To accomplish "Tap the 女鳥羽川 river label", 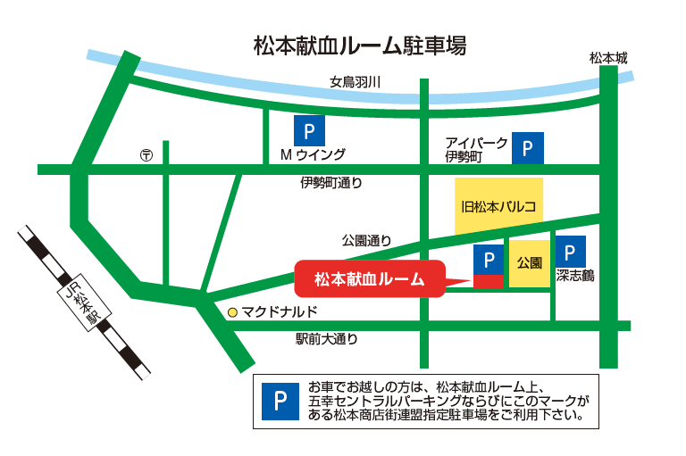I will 356,82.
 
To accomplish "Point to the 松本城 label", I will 608,59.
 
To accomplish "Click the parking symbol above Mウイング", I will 309,132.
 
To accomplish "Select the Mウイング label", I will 313,154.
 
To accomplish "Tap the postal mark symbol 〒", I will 146,155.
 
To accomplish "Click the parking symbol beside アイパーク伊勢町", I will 528,148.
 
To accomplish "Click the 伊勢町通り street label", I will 331,184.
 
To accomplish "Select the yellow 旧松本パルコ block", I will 498,206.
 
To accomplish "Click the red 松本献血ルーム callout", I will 369,279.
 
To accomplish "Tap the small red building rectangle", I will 488,282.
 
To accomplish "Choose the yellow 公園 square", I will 530,264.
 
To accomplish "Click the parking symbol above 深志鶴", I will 571,251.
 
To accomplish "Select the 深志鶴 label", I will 574,276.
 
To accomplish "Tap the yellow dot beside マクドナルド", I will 232,312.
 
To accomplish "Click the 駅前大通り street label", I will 327,339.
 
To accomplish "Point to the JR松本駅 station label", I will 81,303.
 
